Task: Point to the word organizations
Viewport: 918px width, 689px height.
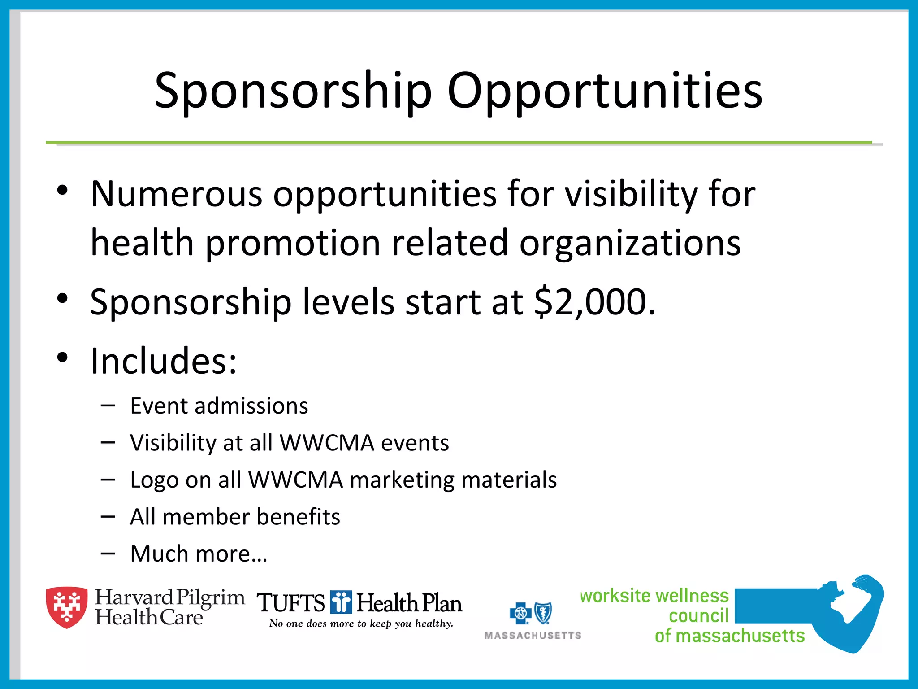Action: pyautogui.click(x=630, y=243)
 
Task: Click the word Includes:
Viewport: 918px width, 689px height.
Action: pyautogui.click(x=163, y=361)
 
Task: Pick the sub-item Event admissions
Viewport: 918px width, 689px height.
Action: pyautogui.click(x=219, y=406)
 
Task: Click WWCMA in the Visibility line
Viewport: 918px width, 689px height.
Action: pyautogui.click(x=327, y=443)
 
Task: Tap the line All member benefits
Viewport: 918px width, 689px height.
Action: pyautogui.click(x=235, y=517)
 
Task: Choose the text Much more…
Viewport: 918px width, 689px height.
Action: pyautogui.click(x=199, y=554)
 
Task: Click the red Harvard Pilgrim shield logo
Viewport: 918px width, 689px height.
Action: pyautogui.click(x=67, y=607)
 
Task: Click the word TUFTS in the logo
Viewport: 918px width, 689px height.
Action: pyautogui.click(x=291, y=603)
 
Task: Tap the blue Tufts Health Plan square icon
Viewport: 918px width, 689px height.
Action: pyautogui.click(x=341, y=602)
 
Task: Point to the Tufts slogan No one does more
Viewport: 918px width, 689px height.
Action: pyautogui.click(x=361, y=624)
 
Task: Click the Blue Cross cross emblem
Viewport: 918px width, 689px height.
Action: pyautogui.click(x=520, y=613)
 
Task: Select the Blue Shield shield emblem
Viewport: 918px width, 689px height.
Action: pyautogui.click(x=543, y=613)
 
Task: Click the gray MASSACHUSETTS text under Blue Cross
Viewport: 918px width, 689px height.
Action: pyautogui.click(x=533, y=636)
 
